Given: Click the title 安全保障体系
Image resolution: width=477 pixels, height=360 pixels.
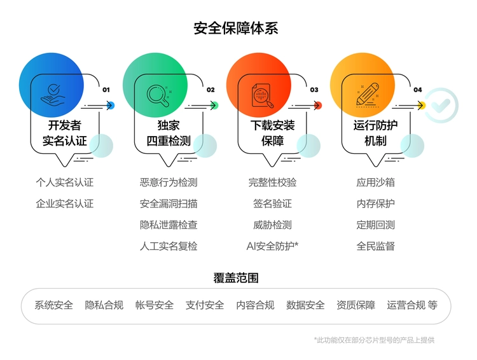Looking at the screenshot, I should (x=236, y=29).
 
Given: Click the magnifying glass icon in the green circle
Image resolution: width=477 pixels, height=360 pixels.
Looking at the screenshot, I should (x=157, y=95).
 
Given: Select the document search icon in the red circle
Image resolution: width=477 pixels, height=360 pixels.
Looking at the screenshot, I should (x=261, y=95).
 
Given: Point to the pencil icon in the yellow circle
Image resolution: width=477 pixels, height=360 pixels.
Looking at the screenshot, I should (x=367, y=95).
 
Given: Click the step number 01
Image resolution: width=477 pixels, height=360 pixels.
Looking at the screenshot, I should (x=106, y=90).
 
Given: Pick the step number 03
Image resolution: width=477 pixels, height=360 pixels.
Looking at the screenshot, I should (x=314, y=90).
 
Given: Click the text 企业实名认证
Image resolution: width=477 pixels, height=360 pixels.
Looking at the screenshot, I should (x=64, y=204).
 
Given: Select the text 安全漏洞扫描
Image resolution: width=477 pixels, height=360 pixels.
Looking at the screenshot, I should (x=169, y=204).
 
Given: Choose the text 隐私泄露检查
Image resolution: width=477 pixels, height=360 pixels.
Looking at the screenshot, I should (x=169, y=225).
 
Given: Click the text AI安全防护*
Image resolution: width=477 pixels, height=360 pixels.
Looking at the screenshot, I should (x=272, y=246).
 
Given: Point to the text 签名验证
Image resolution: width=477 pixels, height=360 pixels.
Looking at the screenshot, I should (x=272, y=204).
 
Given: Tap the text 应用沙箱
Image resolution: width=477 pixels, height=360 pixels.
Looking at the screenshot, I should (x=376, y=183).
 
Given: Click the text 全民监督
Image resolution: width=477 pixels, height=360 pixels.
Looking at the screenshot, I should (x=376, y=246).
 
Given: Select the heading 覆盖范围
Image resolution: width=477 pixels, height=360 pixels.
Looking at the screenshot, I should (x=236, y=278).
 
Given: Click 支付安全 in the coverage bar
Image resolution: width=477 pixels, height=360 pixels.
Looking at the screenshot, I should (x=205, y=305).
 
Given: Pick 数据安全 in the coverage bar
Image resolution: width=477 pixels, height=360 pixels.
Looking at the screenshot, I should (x=305, y=305).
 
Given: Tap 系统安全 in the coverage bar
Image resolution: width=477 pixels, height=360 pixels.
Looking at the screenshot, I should (x=53, y=305).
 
